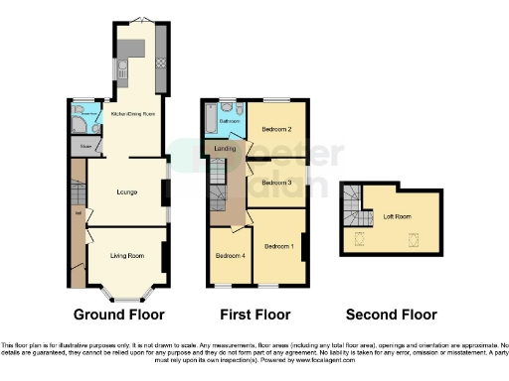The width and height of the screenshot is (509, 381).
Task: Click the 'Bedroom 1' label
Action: (x=277, y=245)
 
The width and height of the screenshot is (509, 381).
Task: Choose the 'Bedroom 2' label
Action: (x=275, y=130)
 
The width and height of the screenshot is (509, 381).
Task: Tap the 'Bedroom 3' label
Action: (x=276, y=183)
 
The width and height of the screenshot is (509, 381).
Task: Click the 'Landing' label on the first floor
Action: (x=225, y=149)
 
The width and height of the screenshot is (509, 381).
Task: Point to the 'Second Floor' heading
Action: (x=391, y=315)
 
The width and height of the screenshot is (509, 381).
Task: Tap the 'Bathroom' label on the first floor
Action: (x=229, y=122)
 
